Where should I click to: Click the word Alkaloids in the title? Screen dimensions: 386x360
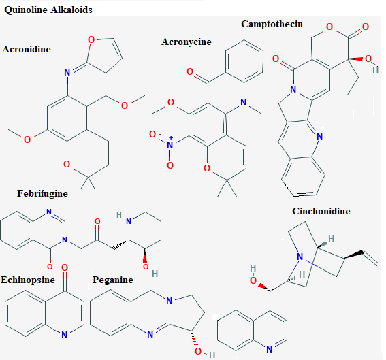(71, 10)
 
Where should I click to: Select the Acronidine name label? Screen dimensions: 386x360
(27, 49)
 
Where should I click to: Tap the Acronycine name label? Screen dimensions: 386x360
(187, 42)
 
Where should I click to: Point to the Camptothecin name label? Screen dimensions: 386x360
(272, 24)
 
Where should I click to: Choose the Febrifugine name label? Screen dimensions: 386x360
(42, 193)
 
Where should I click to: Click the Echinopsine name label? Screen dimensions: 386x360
(27, 280)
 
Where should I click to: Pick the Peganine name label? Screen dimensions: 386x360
(113, 280)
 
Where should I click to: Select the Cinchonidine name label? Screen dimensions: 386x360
(321, 211)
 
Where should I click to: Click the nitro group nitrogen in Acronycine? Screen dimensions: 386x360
(170, 145)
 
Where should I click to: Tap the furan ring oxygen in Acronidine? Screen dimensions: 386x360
(91, 39)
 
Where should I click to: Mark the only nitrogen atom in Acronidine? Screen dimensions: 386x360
(67, 72)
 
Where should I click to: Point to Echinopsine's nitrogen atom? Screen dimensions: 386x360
(65, 335)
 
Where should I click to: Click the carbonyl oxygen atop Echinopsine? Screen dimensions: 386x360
(65, 267)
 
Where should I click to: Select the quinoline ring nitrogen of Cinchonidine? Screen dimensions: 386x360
(270, 349)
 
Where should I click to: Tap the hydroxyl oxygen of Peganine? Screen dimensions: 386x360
(198, 351)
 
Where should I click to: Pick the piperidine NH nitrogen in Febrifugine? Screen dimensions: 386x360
(129, 221)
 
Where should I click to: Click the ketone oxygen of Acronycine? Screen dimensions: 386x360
(190, 71)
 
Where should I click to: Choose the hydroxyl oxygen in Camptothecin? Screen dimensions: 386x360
(368, 59)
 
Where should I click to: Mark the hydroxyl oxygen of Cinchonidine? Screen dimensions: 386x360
(253, 280)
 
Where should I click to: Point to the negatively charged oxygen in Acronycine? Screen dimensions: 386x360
(152, 134)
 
